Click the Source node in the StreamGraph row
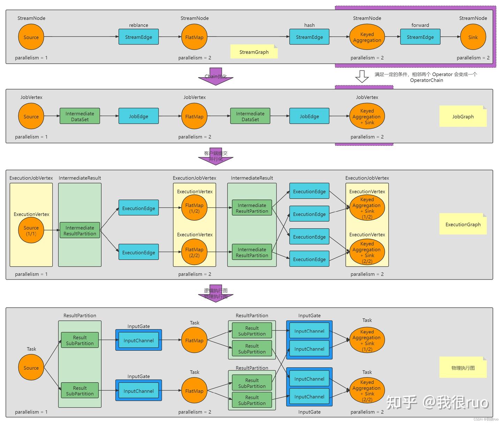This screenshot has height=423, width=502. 31,37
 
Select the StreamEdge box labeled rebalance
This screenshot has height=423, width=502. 138,37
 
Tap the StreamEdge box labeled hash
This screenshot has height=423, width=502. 309,37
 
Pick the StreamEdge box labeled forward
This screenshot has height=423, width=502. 420,37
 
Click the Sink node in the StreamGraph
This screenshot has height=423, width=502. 473,37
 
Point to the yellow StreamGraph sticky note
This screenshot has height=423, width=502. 254,52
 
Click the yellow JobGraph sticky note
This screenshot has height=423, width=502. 463,117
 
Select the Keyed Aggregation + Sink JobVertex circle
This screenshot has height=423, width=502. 367,117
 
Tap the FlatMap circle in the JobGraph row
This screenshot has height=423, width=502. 194,117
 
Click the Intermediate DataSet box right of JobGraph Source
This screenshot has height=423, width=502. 80,116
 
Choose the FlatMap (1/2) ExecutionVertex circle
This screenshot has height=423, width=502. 194,208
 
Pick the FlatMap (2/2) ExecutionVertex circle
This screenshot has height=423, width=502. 194,252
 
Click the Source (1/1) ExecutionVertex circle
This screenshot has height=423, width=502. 31,230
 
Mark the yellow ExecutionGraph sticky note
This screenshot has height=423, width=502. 463,225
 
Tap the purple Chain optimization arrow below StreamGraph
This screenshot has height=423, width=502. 216,77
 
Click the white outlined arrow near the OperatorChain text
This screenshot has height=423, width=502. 362,76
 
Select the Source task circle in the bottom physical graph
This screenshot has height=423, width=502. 31,368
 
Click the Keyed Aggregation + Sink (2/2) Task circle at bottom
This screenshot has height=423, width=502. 367,391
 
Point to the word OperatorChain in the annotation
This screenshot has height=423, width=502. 426,80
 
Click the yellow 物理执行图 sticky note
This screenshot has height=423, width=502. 463,368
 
